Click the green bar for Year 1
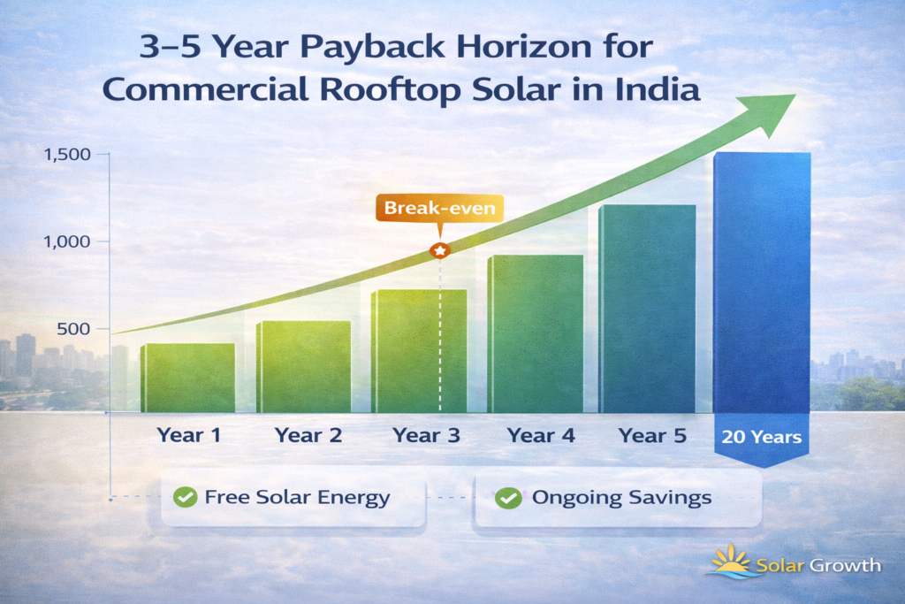click(187, 378)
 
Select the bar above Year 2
click(303, 366)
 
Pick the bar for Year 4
click(535, 333)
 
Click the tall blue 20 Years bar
click(762, 283)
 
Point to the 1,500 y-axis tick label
click(67, 155)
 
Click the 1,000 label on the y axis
click(67, 241)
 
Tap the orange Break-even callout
click(440, 209)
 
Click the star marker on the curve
click(439, 251)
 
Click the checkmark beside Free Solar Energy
click(185, 497)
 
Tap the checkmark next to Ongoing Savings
click(507, 498)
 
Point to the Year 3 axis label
click(422, 435)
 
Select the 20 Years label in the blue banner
click(761, 437)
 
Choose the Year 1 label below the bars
click(188, 435)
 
